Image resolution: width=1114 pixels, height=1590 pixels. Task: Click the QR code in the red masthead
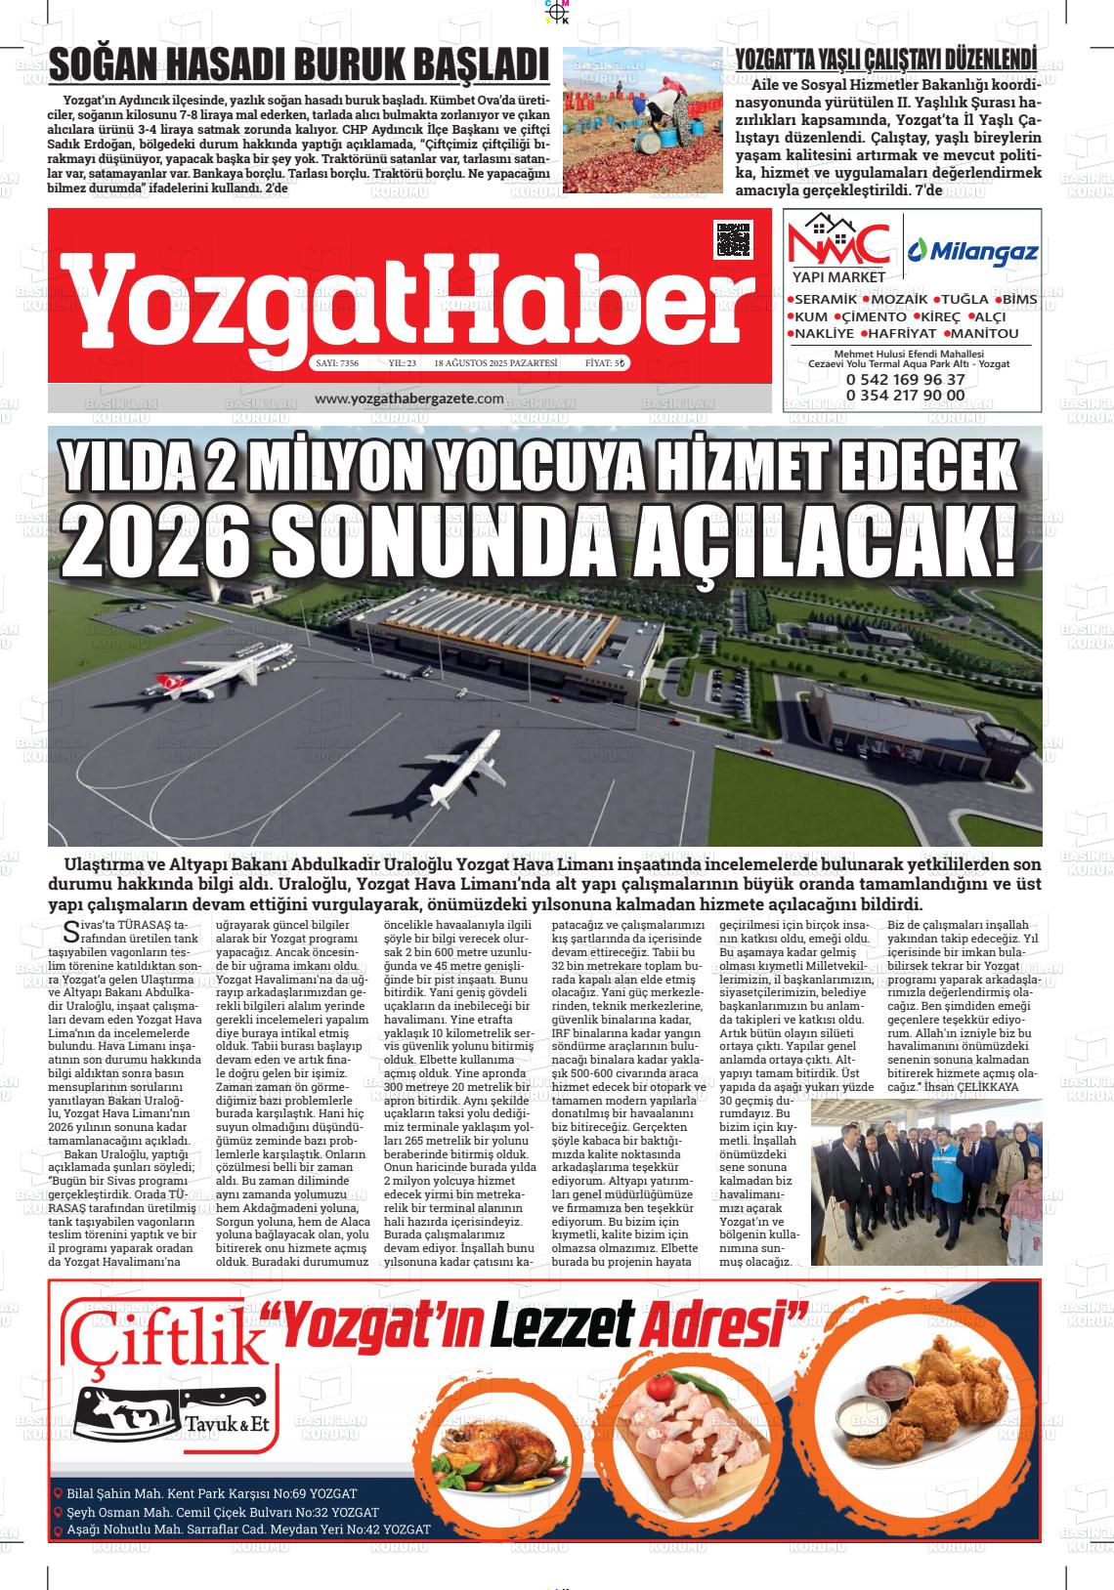734,239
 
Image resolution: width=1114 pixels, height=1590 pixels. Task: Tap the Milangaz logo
973,253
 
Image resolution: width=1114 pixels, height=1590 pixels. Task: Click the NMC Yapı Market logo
839,249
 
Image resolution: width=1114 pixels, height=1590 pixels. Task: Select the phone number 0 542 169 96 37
906,379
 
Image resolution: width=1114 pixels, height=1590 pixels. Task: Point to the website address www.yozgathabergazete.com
409,398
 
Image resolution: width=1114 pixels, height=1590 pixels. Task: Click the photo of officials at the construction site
925,1180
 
